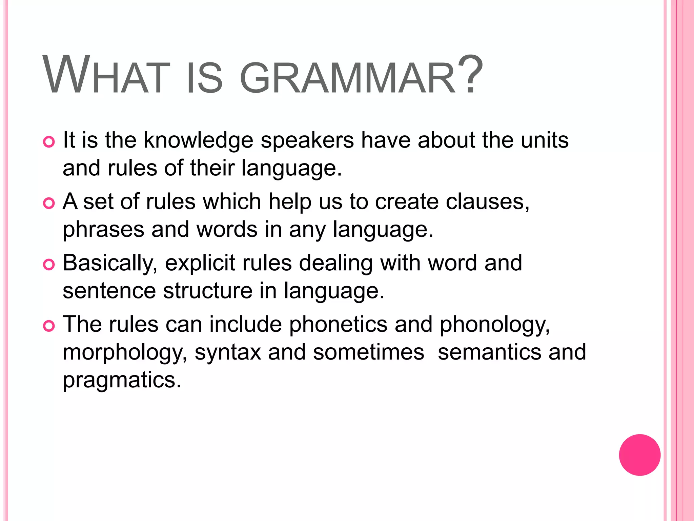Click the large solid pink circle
tap(639, 455)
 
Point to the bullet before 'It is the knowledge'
tap(49, 142)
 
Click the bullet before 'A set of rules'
tap(49, 203)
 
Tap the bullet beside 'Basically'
tap(49, 265)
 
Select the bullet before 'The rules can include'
tap(49, 326)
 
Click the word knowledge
tap(198, 140)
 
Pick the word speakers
tap(307, 140)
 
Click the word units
tap(545, 140)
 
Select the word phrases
tap(103, 230)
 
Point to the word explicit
tap(200, 263)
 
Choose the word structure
tap(208, 291)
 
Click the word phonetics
tap(338, 325)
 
